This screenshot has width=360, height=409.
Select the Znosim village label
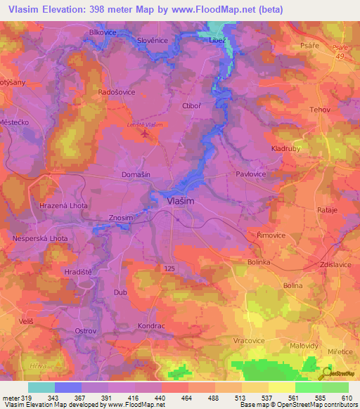[x=120, y=219]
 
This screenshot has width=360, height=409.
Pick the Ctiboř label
[x=192, y=106]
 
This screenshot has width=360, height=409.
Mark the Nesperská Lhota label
[x=40, y=239]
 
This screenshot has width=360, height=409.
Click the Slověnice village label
[x=153, y=40]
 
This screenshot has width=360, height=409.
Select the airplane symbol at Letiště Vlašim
[x=148, y=134]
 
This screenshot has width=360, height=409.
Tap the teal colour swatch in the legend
[x=41, y=387]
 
